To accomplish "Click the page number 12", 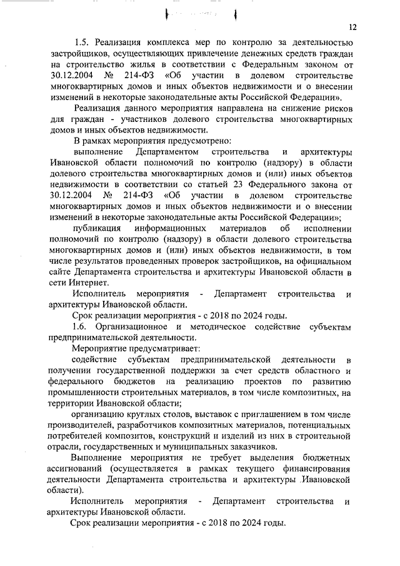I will coord(353,28).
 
